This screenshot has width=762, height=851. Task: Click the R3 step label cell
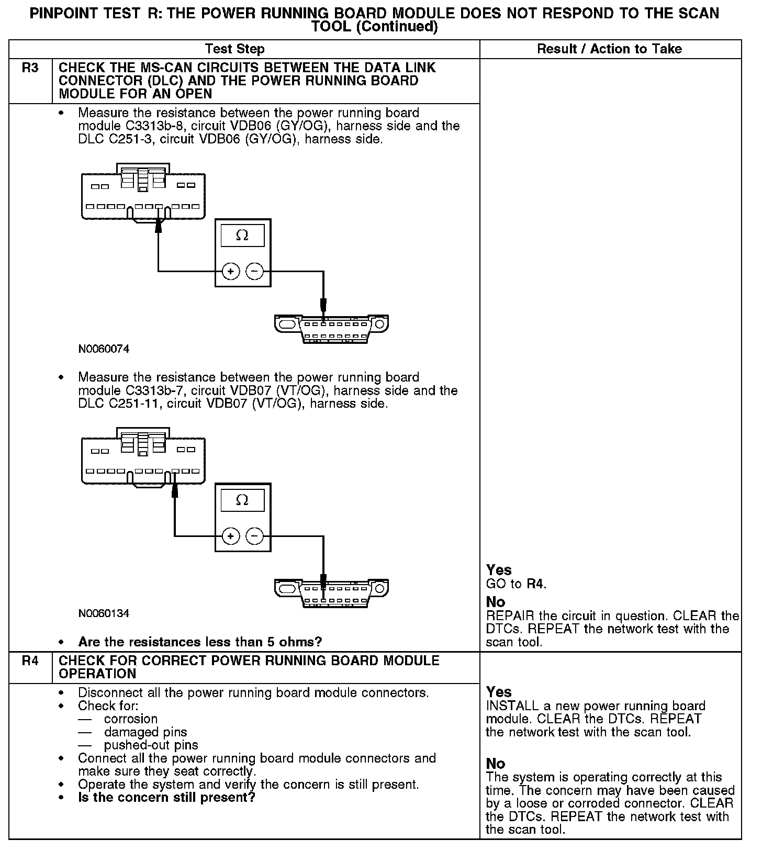coord(30,69)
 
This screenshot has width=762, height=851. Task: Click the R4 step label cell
coord(30,661)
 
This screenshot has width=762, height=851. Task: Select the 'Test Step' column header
coord(234,49)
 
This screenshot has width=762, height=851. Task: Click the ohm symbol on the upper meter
coord(242,236)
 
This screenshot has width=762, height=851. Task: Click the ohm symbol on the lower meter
coord(242,500)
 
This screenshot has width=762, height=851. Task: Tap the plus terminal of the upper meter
coord(231,271)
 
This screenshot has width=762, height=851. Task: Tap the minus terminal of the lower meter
coord(255,536)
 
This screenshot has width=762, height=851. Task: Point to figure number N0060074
coord(104,349)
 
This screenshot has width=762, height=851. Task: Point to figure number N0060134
coord(104,613)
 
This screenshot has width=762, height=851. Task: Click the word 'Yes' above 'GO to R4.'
coord(499,570)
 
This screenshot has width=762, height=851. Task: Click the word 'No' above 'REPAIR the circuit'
coord(495,602)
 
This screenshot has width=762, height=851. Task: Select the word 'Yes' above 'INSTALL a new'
coord(499,692)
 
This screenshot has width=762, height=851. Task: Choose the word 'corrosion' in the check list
coord(130,719)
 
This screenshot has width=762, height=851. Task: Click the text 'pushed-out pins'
coord(151,745)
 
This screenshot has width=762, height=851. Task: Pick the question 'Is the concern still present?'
coord(166,798)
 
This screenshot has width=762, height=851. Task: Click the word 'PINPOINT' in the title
coord(65,13)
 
